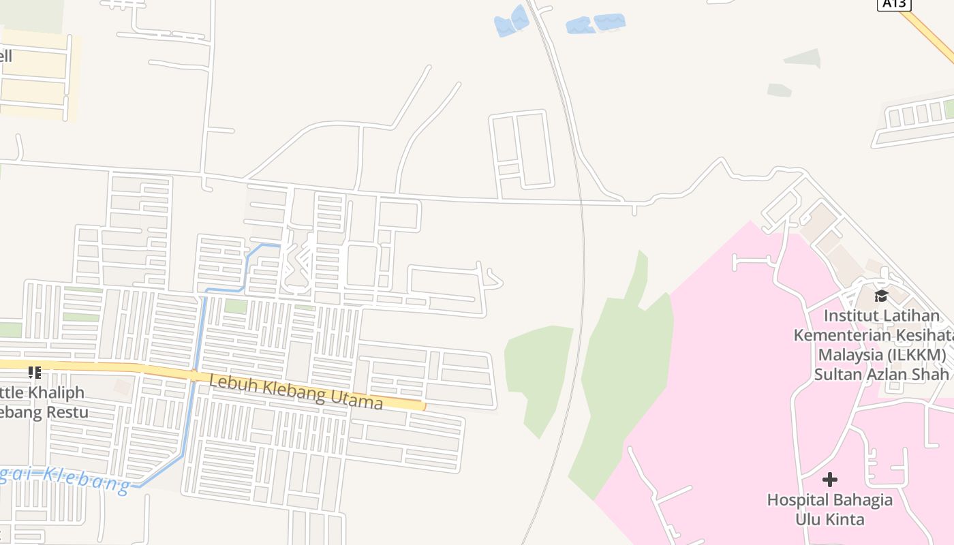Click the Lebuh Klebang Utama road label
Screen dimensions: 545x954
click(x=296, y=392)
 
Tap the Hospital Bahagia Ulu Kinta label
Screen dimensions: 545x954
click(x=830, y=510)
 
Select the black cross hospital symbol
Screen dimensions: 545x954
click(x=830, y=479)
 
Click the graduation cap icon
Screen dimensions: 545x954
click(x=881, y=296)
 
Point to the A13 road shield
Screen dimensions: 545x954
click(x=893, y=3)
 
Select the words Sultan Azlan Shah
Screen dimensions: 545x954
click(x=881, y=374)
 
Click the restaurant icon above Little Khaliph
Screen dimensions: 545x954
click(x=34, y=372)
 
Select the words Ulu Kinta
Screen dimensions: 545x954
click(x=830, y=519)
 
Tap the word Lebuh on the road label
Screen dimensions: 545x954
click(x=227, y=383)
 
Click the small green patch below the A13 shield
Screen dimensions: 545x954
click(x=802, y=59)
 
